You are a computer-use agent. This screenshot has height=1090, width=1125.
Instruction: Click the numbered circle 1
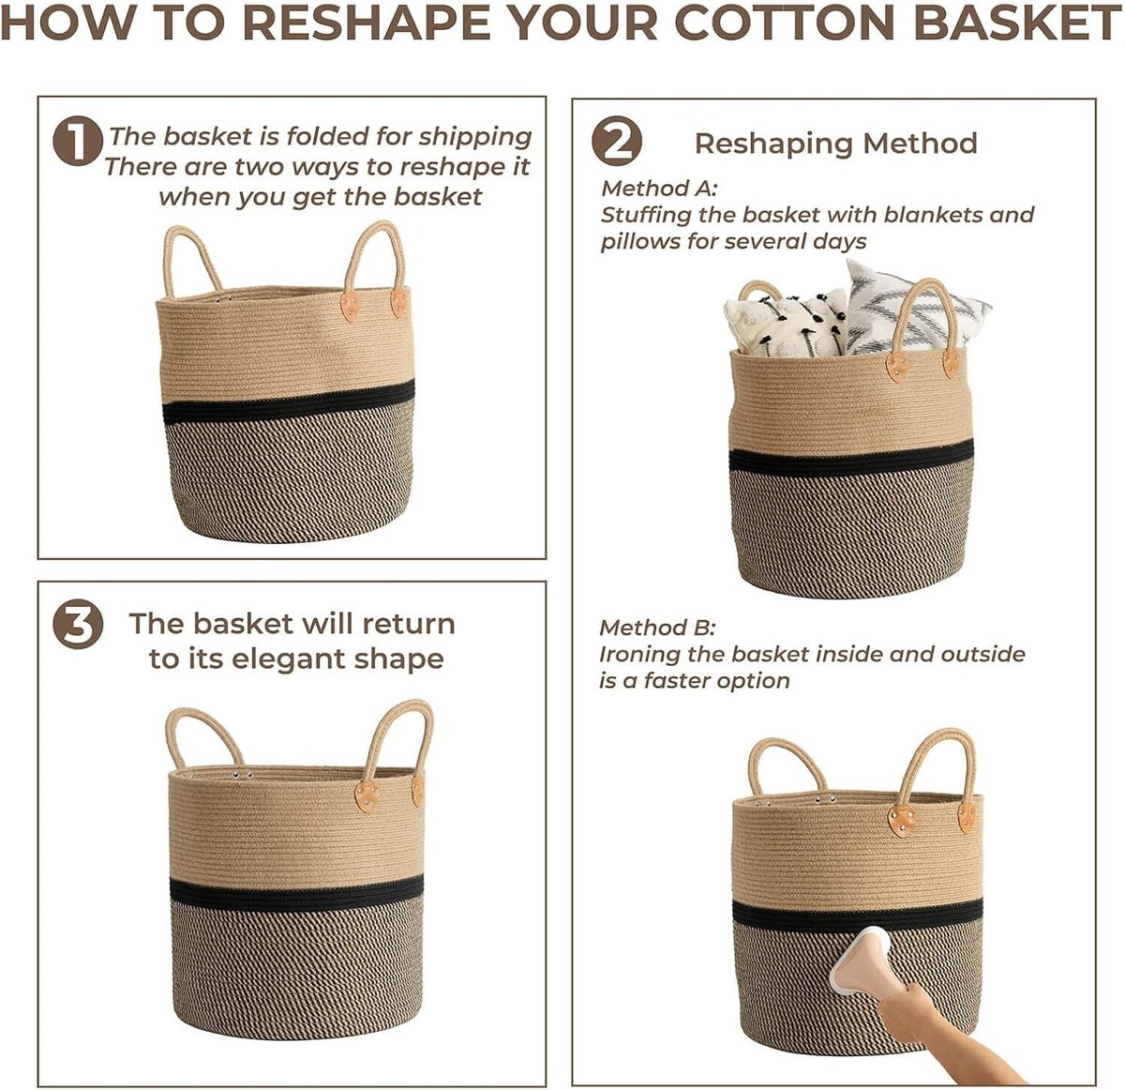pos(78,141)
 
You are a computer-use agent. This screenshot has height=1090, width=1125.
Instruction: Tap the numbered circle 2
pos(617,141)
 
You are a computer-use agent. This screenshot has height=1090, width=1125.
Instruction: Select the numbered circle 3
pos(78,627)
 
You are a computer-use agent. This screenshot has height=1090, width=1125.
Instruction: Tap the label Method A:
pos(659,188)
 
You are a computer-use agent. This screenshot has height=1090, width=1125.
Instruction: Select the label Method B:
pos(657,628)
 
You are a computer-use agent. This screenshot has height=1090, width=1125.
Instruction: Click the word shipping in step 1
pos(474,138)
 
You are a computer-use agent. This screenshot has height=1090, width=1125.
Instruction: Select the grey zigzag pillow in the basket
pos(916,312)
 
